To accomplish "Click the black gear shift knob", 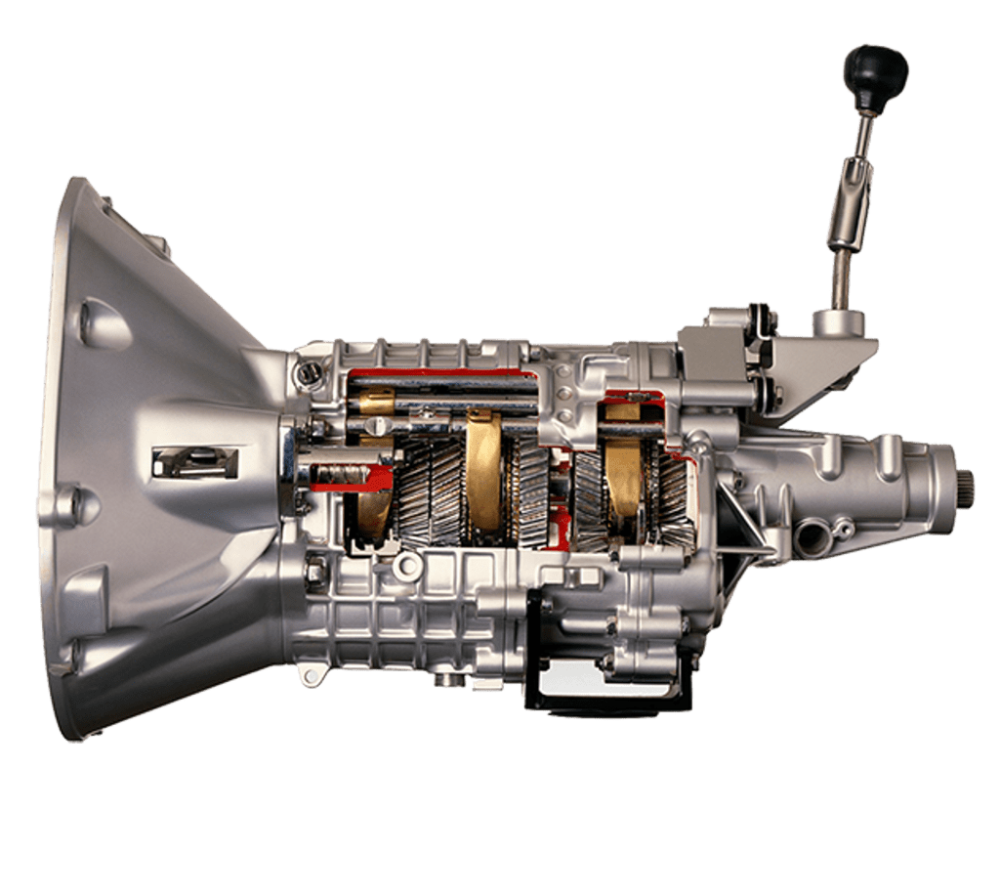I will [x=875, y=74].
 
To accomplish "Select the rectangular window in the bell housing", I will [x=195, y=462].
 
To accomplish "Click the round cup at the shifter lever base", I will [x=839, y=321].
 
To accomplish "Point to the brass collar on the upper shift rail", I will [x=375, y=401].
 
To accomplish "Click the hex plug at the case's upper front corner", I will [x=308, y=372].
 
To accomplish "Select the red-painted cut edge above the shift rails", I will [x=439, y=372].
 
